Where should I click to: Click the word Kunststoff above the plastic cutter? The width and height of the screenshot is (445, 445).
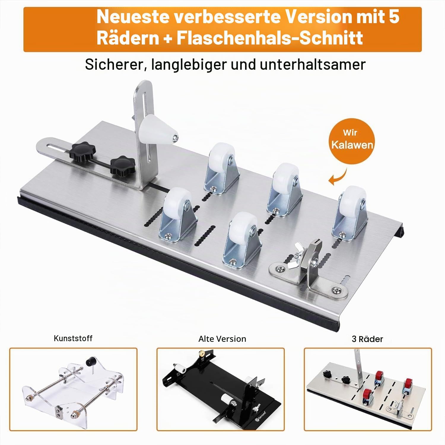pos(73,338)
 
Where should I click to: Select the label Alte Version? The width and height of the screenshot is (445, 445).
pos(222,339)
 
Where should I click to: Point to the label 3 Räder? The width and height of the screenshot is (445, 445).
pos(367,339)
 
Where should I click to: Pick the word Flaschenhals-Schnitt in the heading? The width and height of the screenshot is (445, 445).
pos(270,38)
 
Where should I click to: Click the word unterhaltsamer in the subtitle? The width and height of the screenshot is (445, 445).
pos(313,64)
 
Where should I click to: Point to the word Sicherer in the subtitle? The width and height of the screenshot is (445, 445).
pos(115,64)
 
